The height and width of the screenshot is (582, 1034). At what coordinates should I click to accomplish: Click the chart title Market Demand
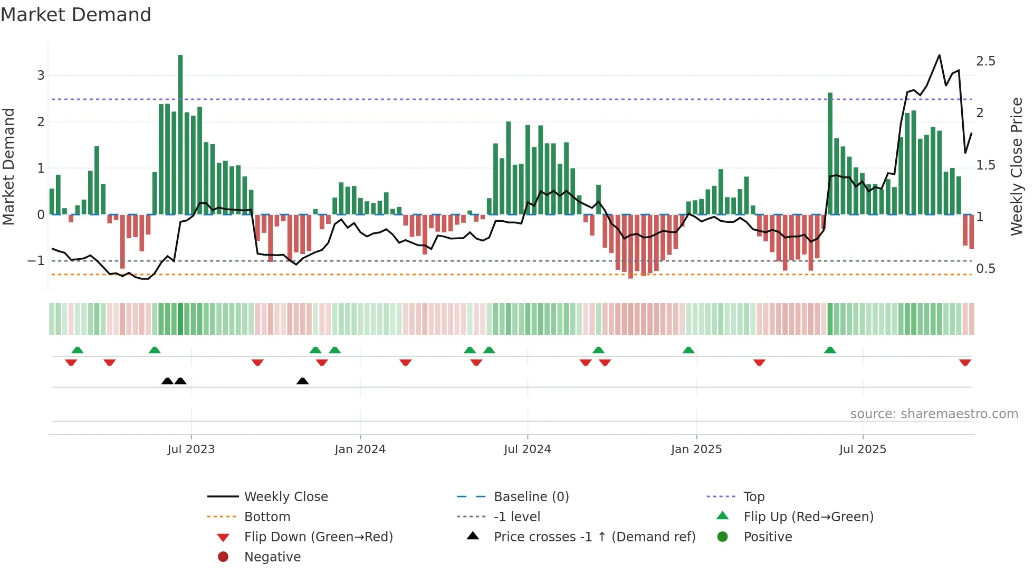[x=76, y=14]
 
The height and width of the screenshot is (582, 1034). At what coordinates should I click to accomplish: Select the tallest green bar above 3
[x=180, y=132]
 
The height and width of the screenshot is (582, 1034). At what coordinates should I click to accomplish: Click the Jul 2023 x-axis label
[x=191, y=449]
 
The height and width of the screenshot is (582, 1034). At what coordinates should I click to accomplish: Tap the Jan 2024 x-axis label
[x=360, y=449]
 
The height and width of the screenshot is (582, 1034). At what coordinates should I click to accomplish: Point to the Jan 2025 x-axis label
[x=696, y=449]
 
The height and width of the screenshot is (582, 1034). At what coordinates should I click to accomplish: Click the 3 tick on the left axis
[x=41, y=76]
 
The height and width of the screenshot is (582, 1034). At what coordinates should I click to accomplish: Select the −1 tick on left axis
[x=36, y=261]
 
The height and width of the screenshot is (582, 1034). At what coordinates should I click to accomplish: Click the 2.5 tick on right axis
[x=985, y=61]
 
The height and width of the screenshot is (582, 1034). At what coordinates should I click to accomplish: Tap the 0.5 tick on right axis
[x=985, y=269]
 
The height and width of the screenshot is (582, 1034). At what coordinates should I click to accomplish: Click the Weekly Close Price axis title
[x=1017, y=166]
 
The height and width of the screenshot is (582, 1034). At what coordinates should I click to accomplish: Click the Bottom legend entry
[x=267, y=517]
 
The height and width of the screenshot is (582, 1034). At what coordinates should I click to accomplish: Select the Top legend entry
[x=754, y=497]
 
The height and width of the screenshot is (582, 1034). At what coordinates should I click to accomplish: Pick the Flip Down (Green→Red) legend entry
[x=318, y=537]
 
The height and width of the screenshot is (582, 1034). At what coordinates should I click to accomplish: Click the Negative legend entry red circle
[x=223, y=557]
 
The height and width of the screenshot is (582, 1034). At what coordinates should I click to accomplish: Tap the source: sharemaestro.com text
[x=934, y=414]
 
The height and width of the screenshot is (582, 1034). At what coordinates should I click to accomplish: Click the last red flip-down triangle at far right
[x=965, y=363]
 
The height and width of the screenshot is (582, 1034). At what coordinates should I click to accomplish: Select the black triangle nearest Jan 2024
[x=302, y=381]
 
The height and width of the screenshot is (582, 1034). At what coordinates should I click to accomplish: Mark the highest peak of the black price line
[x=939, y=55]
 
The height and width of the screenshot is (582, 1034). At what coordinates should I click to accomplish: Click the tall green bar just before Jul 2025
[x=830, y=153]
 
